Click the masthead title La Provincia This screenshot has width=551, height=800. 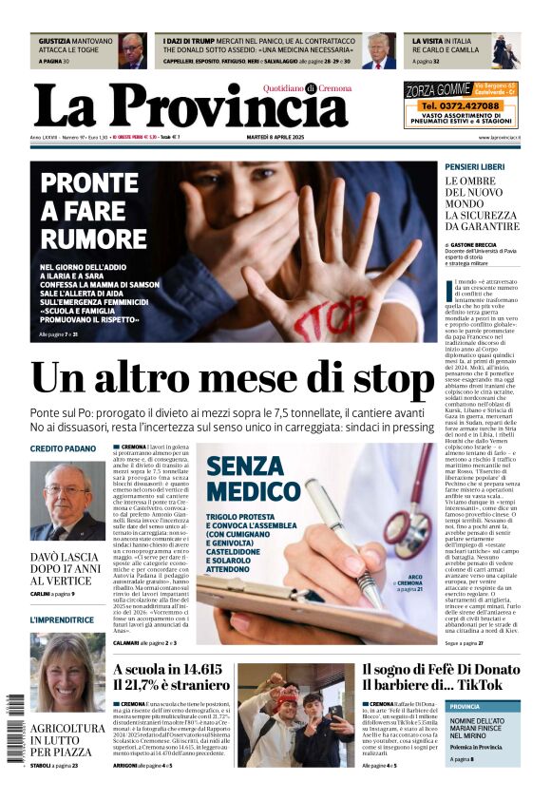click(190, 105)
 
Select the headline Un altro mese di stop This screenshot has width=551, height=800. click(233, 378)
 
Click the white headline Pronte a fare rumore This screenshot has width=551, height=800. click(93, 210)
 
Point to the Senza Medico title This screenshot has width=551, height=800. click(240, 478)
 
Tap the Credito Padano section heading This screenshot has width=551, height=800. click(63, 448)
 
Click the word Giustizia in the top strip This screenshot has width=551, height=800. click(58, 42)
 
